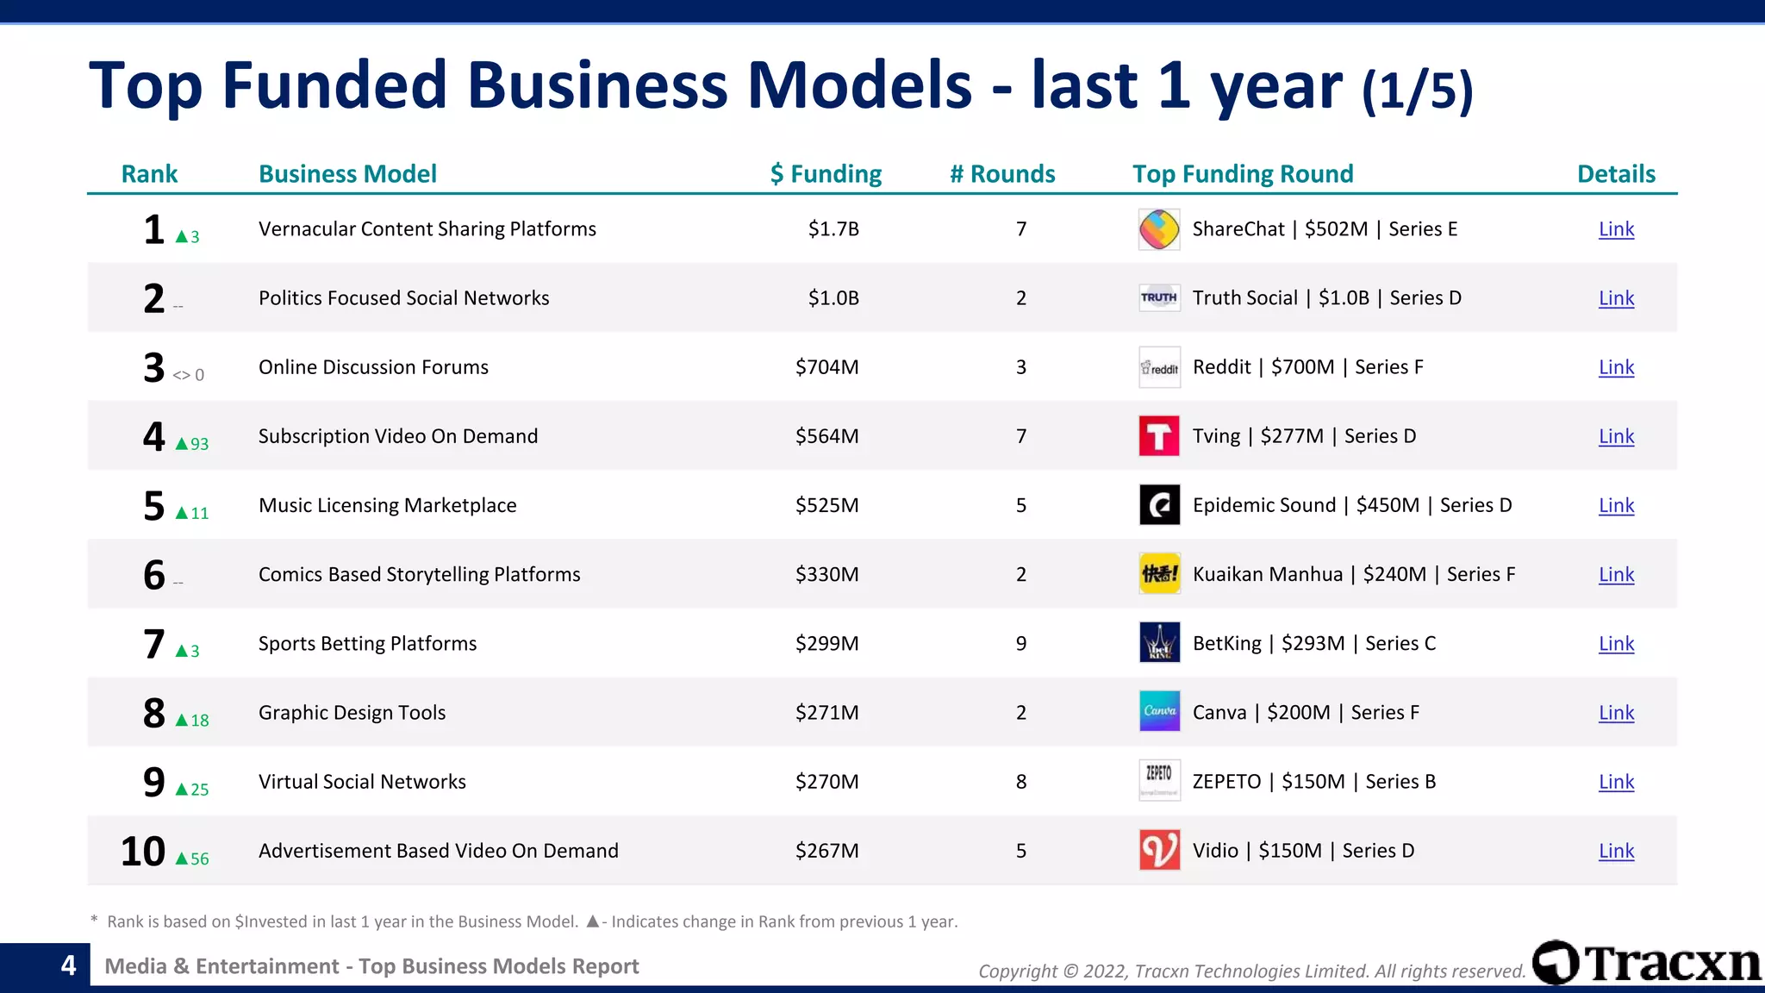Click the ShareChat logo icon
pyautogui.click(x=1159, y=229)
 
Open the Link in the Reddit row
pyautogui.click(x=1616, y=367)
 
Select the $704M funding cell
pyautogui.click(x=826, y=367)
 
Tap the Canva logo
pyautogui.click(x=1159, y=712)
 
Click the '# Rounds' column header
pyautogui.click(x=1002, y=174)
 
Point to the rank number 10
pyautogui.click(x=143, y=851)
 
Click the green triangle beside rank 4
pyautogui.click(x=182, y=444)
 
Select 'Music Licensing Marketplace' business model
pyautogui.click(x=387, y=505)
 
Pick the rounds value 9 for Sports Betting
pyautogui.click(x=1021, y=644)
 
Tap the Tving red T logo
pyautogui.click(x=1159, y=436)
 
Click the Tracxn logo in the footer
pyautogui.click(x=1646, y=963)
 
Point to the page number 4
pyautogui.click(x=69, y=965)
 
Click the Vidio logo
pyautogui.click(x=1159, y=851)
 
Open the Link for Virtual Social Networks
pyautogui.click(x=1616, y=782)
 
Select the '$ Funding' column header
pyautogui.click(x=826, y=174)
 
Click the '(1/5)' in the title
pyautogui.click(x=1417, y=90)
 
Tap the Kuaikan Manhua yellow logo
pyautogui.click(x=1159, y=574)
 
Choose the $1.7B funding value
pyautogui.click(x=833, y=229)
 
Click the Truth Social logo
pyautogui.click(x=1159, y=298)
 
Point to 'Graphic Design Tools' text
pyautogui.click(x=352, y=713)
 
